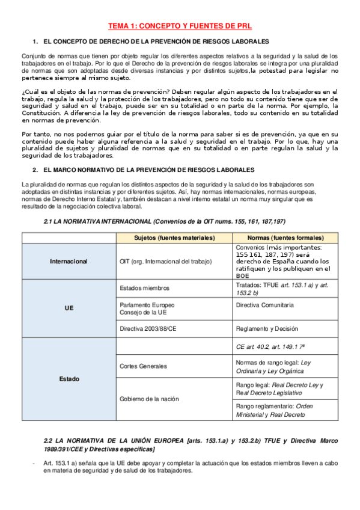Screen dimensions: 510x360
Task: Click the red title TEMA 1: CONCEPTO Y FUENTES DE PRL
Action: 180,26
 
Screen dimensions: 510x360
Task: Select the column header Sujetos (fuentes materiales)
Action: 174,238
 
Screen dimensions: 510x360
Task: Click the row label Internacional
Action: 69,262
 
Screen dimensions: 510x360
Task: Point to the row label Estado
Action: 69,379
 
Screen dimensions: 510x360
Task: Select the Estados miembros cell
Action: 145,288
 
